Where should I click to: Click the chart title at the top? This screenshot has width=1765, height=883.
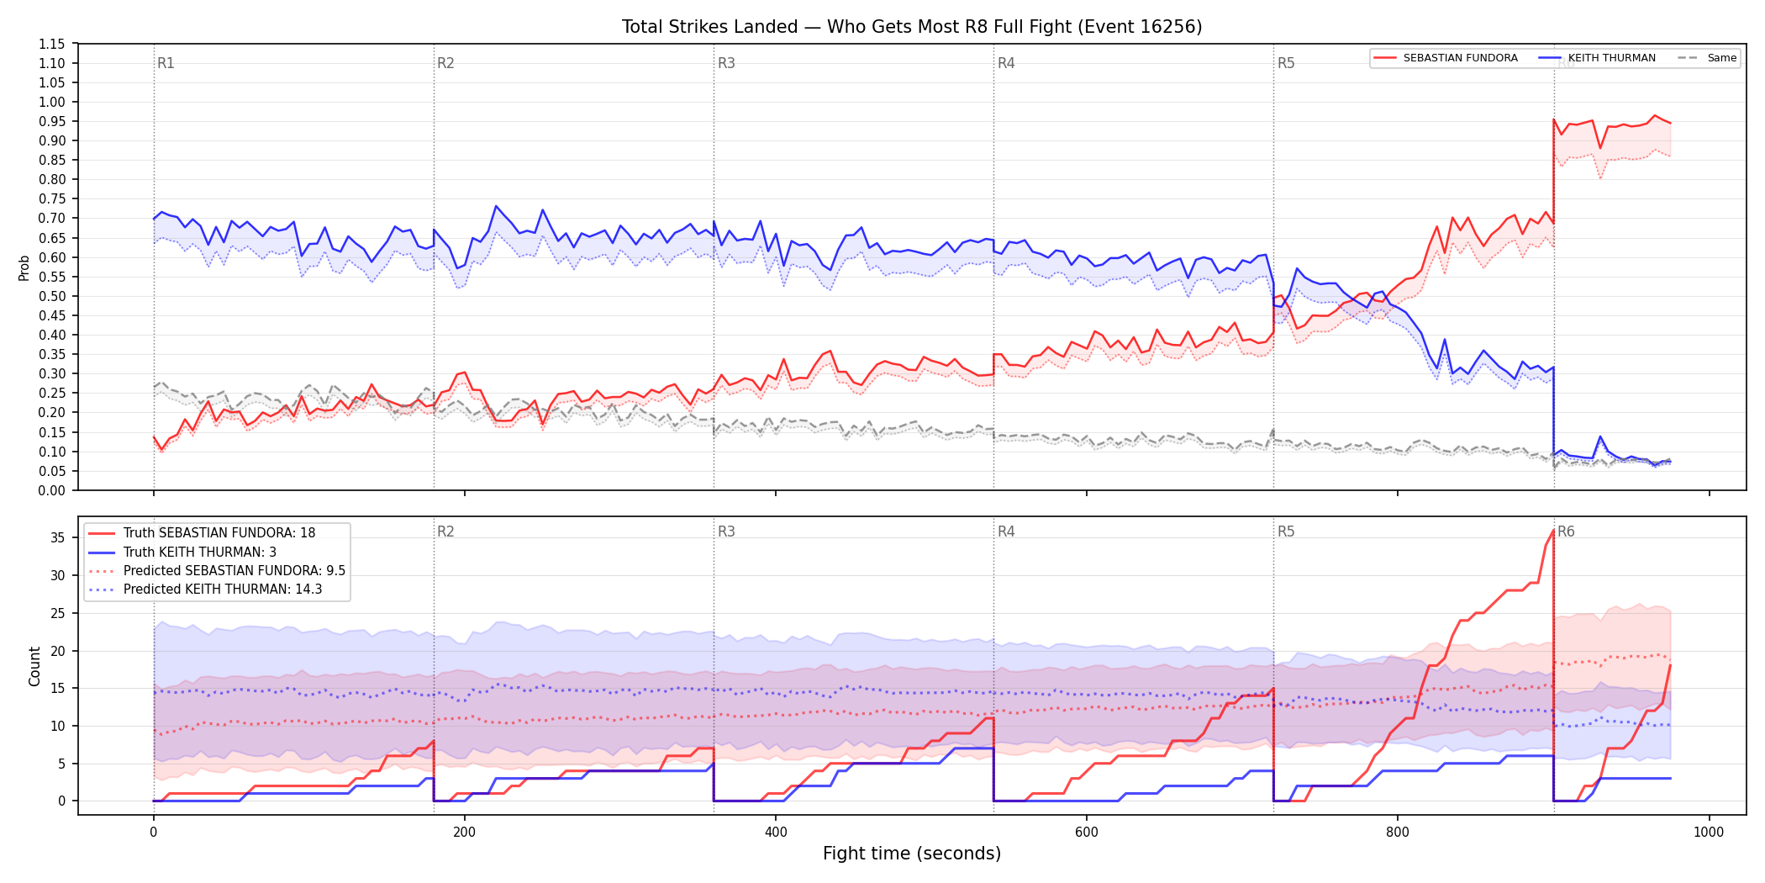coord(912,27)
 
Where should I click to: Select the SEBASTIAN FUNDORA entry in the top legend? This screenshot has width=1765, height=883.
coord(1446,58)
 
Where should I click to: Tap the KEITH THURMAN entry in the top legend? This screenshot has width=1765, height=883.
coord(1597,58)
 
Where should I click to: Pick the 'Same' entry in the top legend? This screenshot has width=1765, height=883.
coord(1707,58)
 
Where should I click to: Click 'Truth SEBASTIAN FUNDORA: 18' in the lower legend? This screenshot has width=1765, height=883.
coord(203,533)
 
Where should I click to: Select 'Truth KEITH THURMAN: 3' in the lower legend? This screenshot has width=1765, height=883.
coord(182,553)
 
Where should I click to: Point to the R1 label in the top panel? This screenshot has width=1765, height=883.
coord(166,63)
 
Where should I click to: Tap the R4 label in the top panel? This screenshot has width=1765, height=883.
coord(1006,63)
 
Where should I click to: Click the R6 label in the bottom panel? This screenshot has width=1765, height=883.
coord(1566,531)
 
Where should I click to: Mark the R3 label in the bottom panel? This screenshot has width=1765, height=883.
coord(726,531)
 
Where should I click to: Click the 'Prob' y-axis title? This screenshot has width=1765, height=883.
coord(24,267)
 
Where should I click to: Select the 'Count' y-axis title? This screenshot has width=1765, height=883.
coord(34,666)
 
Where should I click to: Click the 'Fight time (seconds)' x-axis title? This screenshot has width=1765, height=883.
coord(912,854)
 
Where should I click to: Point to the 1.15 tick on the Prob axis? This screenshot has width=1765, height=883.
coord(52,44)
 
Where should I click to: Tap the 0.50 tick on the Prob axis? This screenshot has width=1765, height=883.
coord(52,296)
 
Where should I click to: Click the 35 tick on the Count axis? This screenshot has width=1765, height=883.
coord(57,537)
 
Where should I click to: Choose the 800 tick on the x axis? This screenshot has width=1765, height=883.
coord(1398,833)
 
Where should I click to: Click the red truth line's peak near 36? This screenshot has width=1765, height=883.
coord(1552,531)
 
